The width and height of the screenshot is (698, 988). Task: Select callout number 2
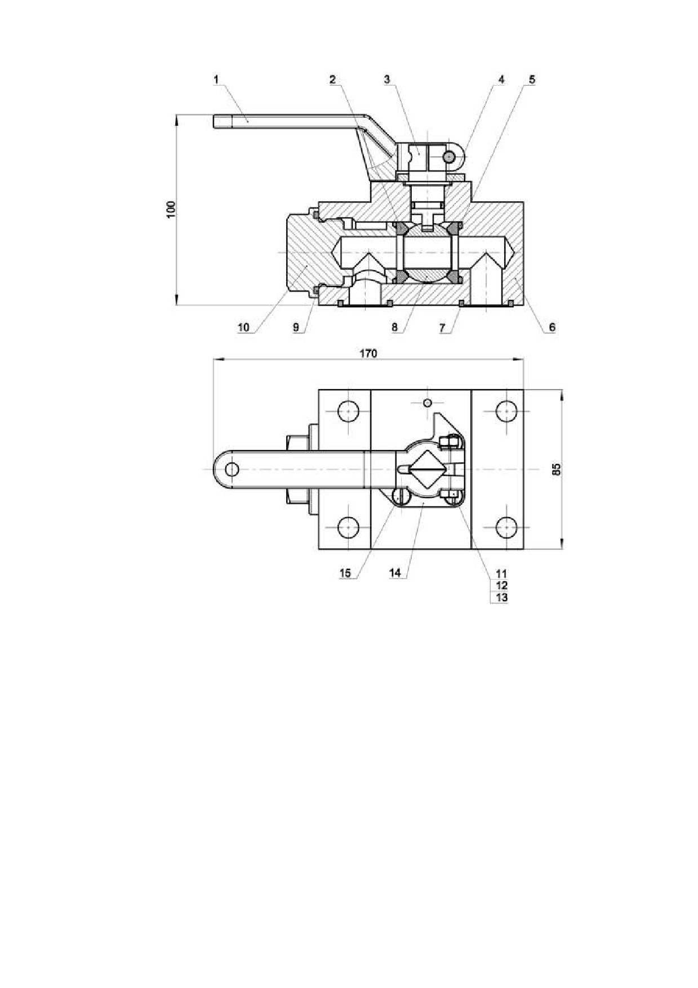tap(333, 80)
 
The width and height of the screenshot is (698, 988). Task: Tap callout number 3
tap(387, 80)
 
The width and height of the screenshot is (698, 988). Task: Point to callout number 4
tap(501, 80)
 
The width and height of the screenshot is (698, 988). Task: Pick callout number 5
tap(532, 80)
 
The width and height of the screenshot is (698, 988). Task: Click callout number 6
tap(552, 327)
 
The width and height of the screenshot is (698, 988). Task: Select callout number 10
tap(243, 327)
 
